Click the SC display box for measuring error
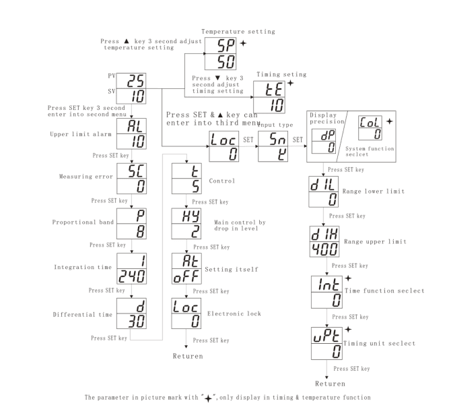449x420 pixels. click(x=133, y=177)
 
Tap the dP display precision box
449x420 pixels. click(x=323, y=140)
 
